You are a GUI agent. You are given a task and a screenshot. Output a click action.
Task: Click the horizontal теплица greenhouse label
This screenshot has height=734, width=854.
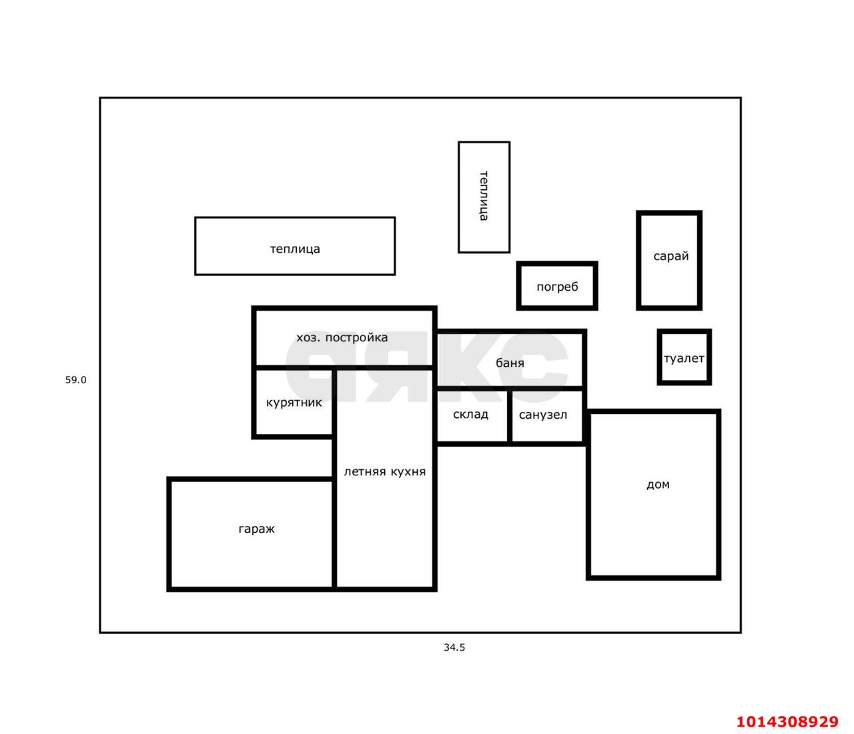pos(295,249)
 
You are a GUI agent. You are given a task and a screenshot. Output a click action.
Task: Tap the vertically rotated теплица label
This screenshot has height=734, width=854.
pos(484,196)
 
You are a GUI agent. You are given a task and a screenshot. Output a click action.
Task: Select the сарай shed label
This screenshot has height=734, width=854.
pos(671,257)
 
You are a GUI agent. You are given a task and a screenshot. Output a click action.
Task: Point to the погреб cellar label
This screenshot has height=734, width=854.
pos(557,287)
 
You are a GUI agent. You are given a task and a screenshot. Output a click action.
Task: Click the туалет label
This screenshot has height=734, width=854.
pos(684,358)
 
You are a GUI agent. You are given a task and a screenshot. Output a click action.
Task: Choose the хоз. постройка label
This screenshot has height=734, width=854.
pos(342,338)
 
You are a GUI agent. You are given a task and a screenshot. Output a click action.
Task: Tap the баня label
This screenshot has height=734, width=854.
pos(510,363)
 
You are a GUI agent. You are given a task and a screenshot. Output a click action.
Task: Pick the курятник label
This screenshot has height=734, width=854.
pos(294,403)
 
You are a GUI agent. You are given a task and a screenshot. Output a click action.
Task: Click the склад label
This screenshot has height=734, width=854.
pos(470,415)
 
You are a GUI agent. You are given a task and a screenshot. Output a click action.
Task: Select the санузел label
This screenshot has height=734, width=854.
pos(542,415)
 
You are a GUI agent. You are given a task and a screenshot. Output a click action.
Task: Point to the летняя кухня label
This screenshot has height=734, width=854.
pos(384,472)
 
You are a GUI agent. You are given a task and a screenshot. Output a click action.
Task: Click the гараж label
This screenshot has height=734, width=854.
pos(256,529)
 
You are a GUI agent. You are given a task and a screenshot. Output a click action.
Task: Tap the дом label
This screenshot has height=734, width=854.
pos(658,484)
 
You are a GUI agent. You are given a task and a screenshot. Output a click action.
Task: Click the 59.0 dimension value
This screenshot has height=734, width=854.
pos(75,380)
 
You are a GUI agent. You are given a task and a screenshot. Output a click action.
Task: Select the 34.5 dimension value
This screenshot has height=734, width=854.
pos(454,647)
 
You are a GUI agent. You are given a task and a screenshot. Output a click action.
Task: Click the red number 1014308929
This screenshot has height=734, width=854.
pos(787,721)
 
